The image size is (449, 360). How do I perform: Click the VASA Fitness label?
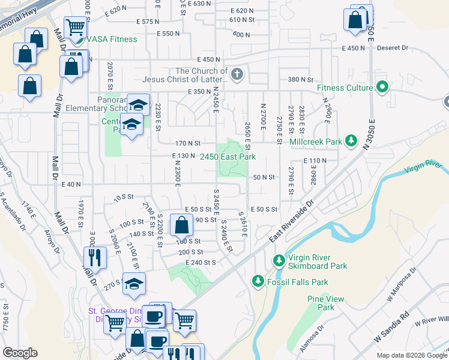112,40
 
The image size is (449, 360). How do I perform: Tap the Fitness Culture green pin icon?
382,88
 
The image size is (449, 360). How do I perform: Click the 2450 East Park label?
228,157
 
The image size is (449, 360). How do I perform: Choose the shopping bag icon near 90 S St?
181,226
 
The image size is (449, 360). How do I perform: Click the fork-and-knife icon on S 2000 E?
95,257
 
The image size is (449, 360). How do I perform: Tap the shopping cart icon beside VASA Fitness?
75,27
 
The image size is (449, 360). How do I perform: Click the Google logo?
20,353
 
